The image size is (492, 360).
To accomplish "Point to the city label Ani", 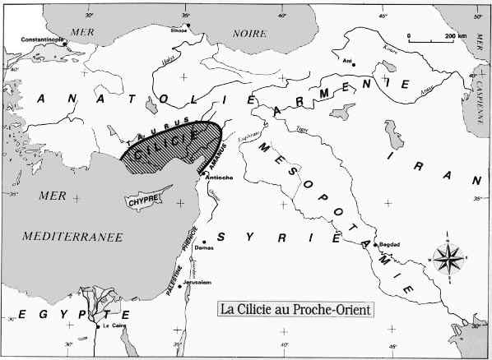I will click(346, 59).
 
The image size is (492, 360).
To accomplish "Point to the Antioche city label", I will click(217, 178).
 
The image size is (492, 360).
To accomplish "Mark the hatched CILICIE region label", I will click(165, 145).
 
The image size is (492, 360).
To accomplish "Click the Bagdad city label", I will click(391, 245).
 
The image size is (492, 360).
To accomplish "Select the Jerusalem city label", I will click(198, 282).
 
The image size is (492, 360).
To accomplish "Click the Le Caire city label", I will click(114, 325).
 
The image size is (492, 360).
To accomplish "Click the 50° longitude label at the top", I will click(476, 16).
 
